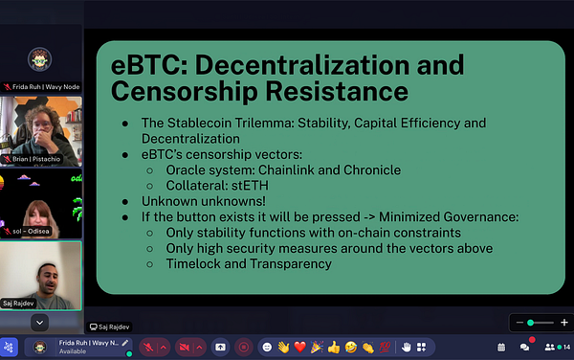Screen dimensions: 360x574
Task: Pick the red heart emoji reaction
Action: [299, 346]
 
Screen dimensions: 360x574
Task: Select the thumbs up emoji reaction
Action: [333, 346]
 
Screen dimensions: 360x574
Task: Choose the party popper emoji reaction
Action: [316, 346]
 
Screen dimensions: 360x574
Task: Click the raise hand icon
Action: [406, 346]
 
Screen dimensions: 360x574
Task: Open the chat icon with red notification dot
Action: [524, 346]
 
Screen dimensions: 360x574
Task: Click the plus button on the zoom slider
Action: [564, 323]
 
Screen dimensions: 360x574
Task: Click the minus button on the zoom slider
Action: [518, 323]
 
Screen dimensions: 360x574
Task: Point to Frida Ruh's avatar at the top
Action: [39, 58]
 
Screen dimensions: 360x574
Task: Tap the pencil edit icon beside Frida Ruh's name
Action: [125, 342]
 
